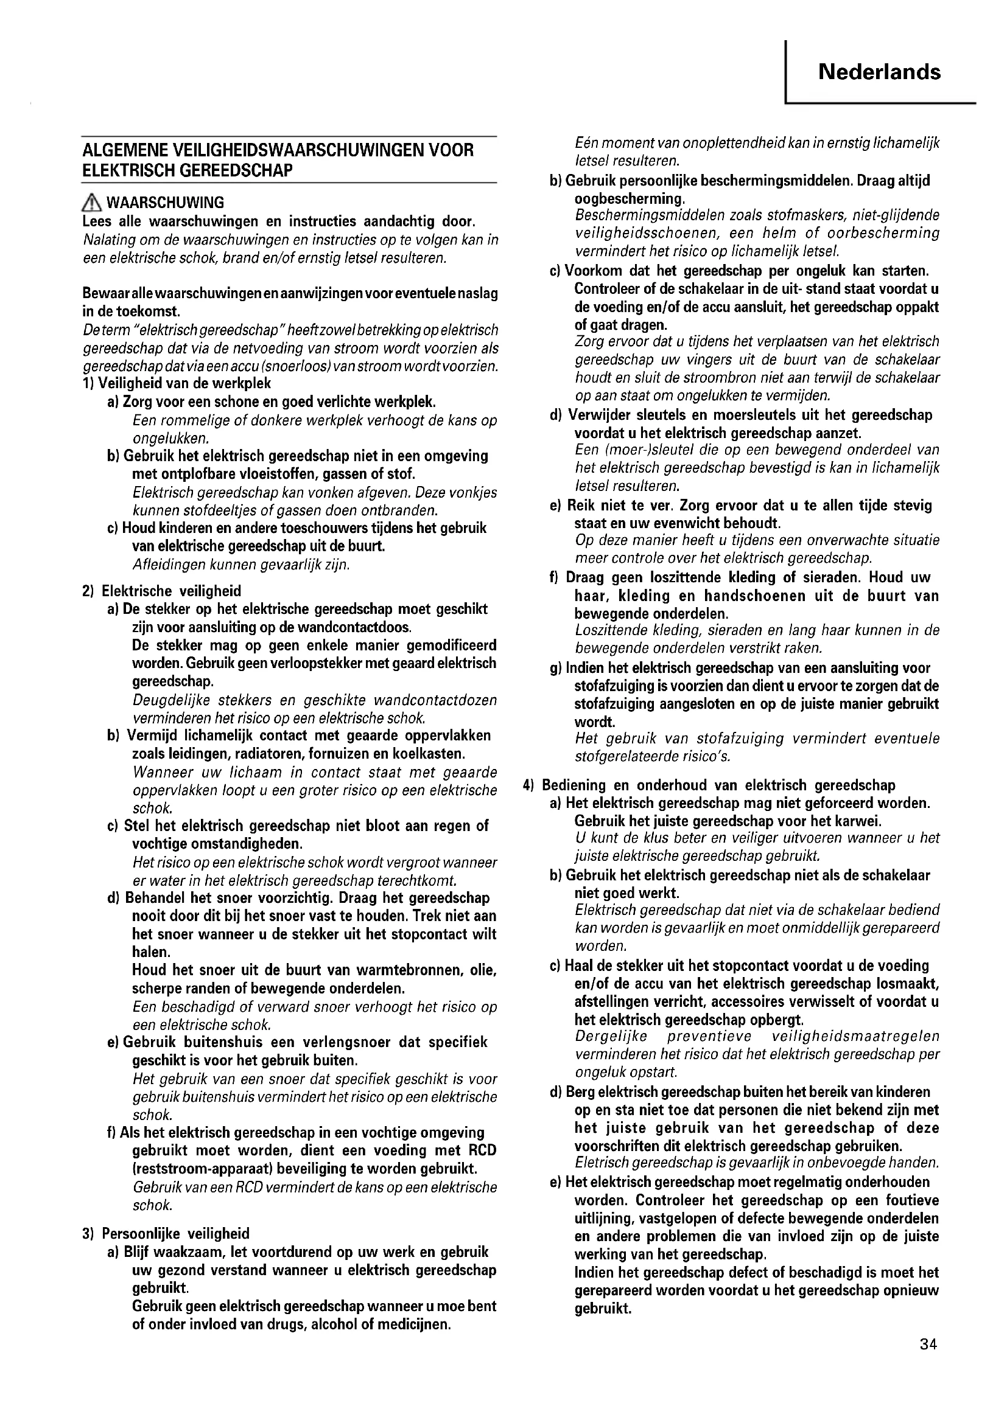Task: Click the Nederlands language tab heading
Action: tap(879, 72)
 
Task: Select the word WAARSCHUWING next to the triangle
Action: tap(166, 203)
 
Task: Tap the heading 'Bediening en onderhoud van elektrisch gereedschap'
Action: tap(718, 785)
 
